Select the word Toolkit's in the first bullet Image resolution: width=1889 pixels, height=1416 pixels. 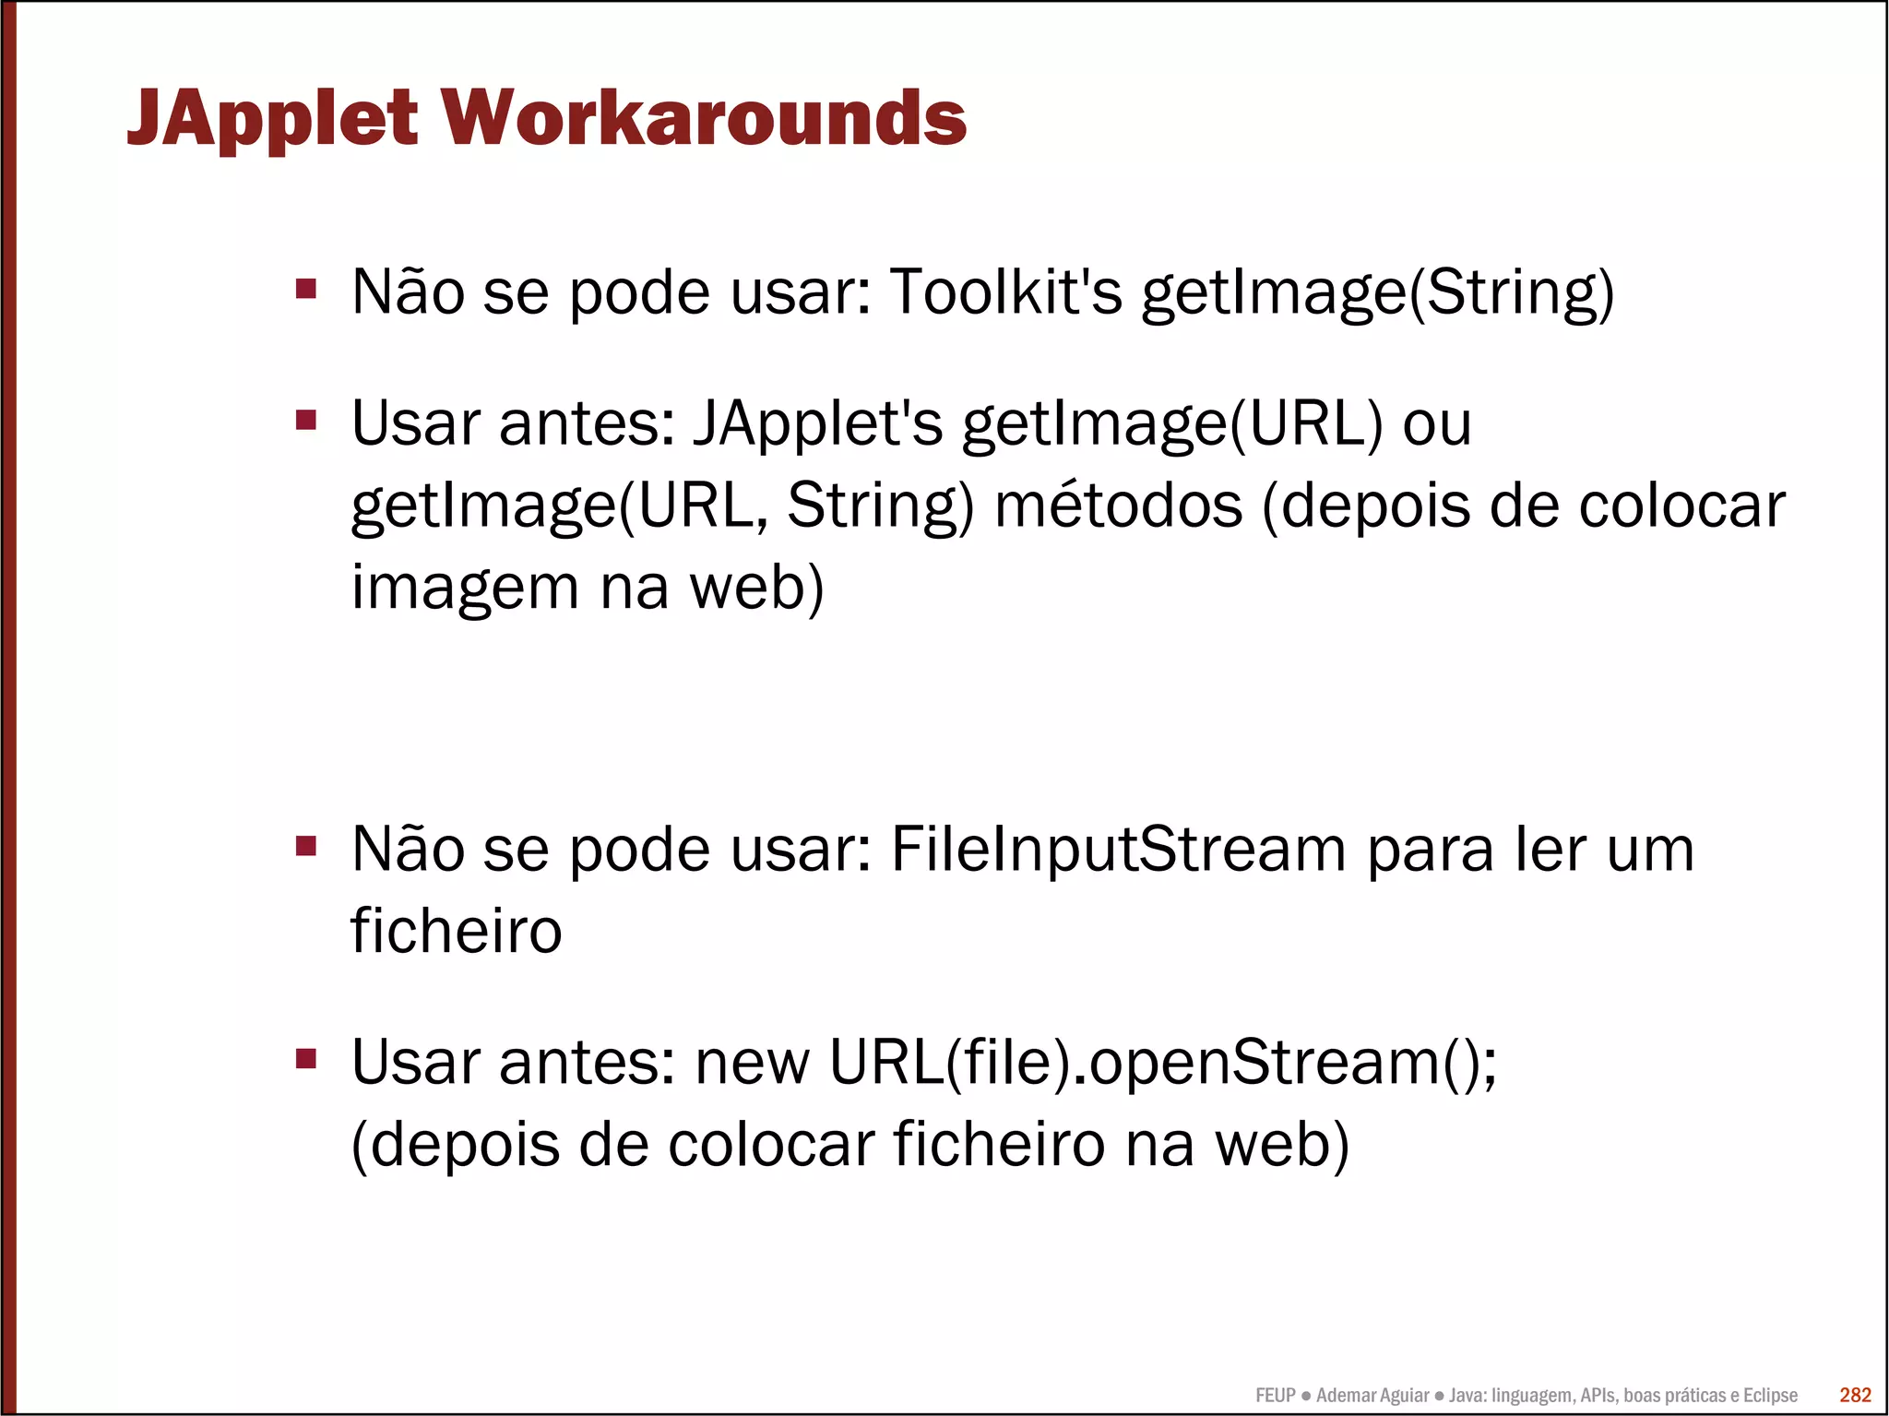point(1005,292)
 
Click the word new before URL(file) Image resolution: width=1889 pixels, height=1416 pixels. point(752,1063)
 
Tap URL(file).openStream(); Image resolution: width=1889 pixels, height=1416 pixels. point(1163,1063)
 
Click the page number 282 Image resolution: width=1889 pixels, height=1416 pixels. point(1855,1395)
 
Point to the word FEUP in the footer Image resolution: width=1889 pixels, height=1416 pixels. point(1275,1396)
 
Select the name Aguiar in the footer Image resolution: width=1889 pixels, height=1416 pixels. point(1401,1396)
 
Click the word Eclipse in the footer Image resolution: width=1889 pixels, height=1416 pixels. point(1769,1396)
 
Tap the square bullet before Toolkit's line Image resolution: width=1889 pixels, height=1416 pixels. point(306,290)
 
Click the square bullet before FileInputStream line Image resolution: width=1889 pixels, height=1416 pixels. point(306,846)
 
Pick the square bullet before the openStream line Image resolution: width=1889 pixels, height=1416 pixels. point(306,1058)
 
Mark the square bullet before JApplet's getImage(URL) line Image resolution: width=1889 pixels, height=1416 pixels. point(306,421)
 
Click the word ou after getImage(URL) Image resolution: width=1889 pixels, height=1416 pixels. point(1436,423)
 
